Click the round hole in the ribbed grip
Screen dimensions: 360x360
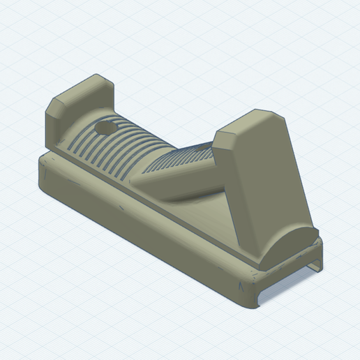(x=105, y=130)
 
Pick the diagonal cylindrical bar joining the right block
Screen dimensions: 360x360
(x=178, y=178)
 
